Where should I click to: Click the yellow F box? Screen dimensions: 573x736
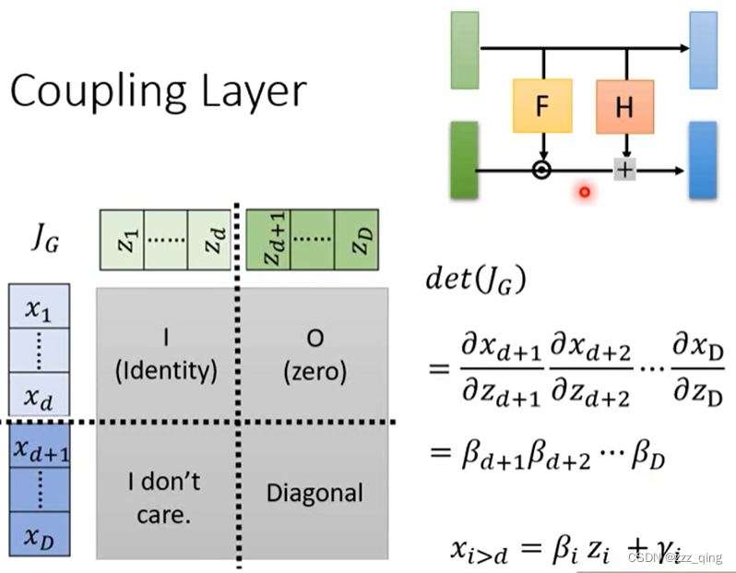pyautogui.click(x=541, y=106)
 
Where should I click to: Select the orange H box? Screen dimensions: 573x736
pyautogui.click(x=624, y=106)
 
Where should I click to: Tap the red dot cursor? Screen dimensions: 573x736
pyautogui.click(x=584, y=192)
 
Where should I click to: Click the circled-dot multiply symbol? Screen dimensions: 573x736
pyautogui.click(x=542, y=170)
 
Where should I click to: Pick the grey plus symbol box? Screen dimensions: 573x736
pyautogui.click(x=625, y=170)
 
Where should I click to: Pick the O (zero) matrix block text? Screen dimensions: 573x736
pyautogui.click(x=315, y=355)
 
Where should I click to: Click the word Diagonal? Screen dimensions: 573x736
pyautogui.click(x=315, y=493)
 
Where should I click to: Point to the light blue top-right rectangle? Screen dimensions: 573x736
pyautogui.click(x=703, y=50)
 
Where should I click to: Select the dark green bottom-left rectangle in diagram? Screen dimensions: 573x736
pyautogui.click(x=464, y=161)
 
